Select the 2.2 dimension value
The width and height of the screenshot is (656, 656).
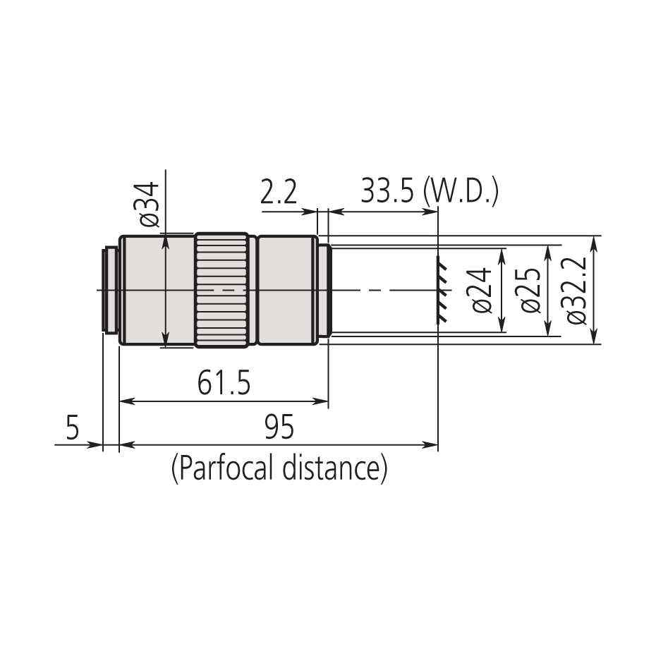pos(279,193)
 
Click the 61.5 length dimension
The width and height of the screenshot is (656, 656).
pos(224,384)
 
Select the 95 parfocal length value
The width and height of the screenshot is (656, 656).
pos(279,427)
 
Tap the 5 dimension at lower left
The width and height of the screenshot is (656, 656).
pos(72,428)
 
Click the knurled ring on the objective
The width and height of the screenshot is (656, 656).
pos(221,290)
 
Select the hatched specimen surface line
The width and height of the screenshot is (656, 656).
pos(442,290)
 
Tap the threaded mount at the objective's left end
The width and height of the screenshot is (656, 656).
pos(110,290)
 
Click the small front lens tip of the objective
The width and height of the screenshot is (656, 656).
pos(324,290)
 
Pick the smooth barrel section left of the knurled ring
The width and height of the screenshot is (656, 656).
pos(157,290)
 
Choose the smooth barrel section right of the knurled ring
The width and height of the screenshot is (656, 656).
pos(287,290)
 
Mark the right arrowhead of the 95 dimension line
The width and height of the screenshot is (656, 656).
pos(432,444)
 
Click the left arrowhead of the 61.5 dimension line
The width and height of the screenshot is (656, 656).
pos(126,402)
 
